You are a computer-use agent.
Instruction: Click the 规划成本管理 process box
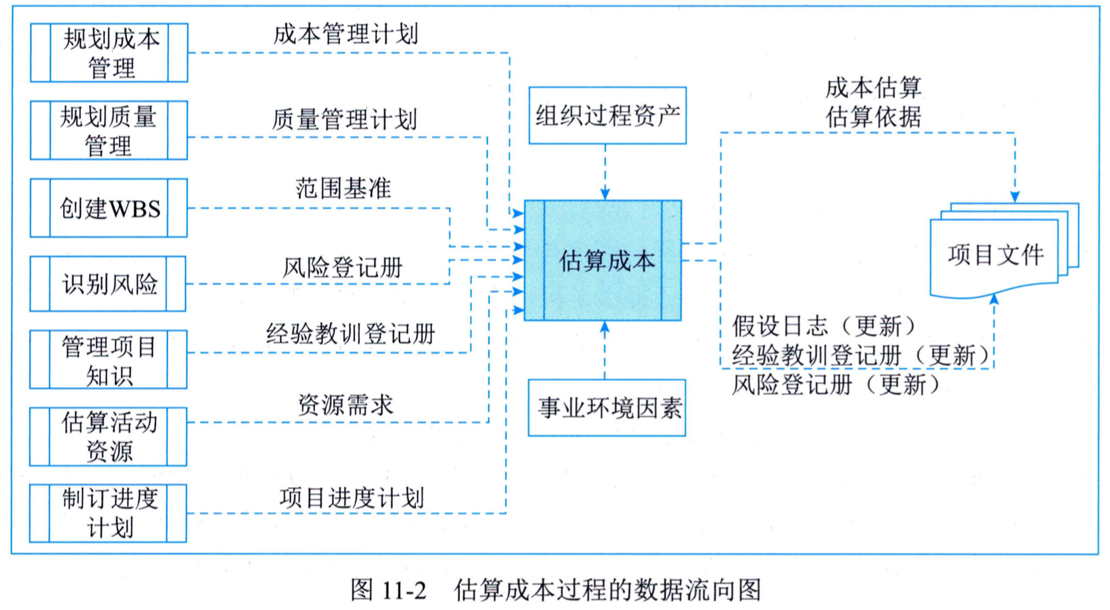(109, 52)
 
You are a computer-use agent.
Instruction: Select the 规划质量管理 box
(109, 130)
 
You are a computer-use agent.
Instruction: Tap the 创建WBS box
(108, 208)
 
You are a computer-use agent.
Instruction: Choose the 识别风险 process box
(108, 284)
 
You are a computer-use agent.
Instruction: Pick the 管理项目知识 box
(108, 359)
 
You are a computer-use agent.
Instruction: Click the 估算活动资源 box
(108, 437)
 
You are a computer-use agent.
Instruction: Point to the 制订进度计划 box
(108, 514)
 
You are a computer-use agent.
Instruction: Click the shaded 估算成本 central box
(603, 260)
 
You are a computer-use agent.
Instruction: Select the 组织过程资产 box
(608, 116)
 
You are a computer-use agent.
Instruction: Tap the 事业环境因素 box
(607, 408)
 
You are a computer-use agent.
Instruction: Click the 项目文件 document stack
(1004, 251)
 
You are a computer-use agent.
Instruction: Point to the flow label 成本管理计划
(346, 34)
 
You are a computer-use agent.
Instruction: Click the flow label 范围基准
(344, 188)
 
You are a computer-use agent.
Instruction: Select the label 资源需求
(346, 405)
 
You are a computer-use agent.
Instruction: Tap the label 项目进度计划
(352, 498)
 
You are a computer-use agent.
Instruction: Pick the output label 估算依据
(873, 118)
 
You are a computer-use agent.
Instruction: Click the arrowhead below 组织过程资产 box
(605, 194)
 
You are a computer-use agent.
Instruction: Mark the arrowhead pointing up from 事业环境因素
(605, 327)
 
